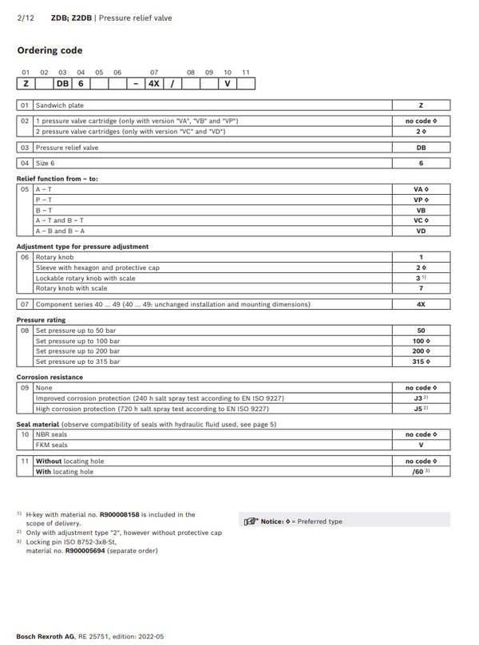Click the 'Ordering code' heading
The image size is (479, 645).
(49, 50)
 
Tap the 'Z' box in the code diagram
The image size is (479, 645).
(26, 83)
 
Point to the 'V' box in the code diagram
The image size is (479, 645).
(228, 83)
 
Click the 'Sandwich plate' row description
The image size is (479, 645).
(59, 105)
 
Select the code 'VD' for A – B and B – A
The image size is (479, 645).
(421, 230)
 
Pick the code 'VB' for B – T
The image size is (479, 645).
(421, 209)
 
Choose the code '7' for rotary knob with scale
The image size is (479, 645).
(421, 288)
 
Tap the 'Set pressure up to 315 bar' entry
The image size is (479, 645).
(77, 361)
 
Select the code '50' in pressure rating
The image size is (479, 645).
(421, 330)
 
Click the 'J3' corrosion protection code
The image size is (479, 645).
(419, 398)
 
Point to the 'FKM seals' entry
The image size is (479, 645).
(51, 445)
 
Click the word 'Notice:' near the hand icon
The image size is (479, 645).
(272, 521)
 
